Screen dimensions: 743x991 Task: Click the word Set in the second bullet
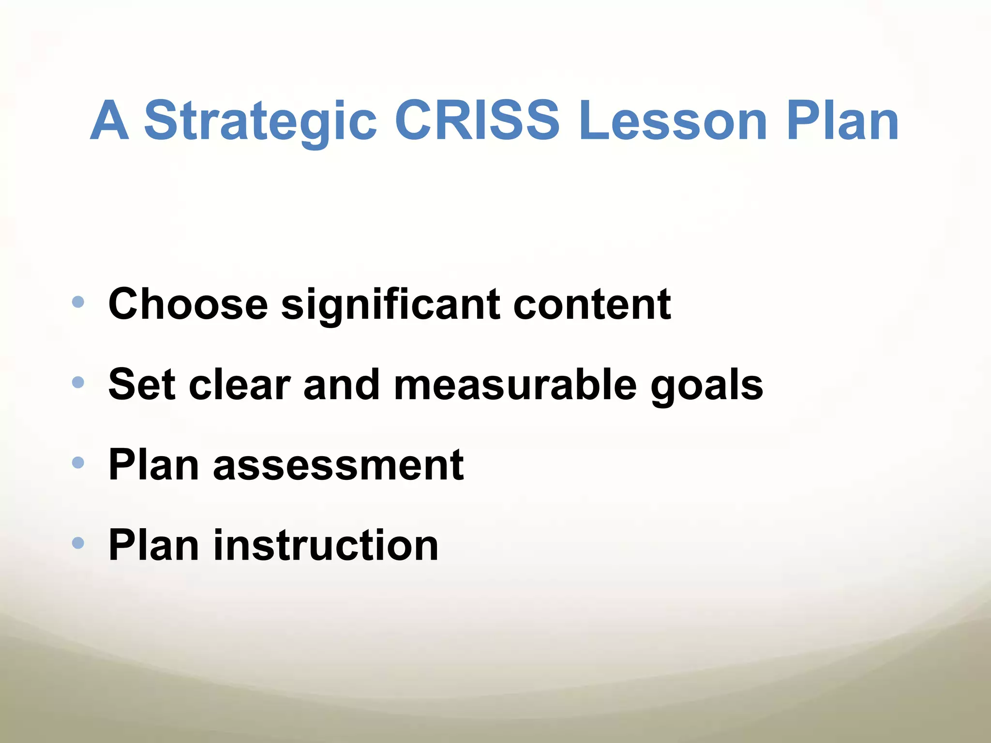pos(141,384)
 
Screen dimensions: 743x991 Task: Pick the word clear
pos(240,384)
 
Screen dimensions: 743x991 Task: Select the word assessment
pos(338,465)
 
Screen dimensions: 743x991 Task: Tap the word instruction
pos(326,545)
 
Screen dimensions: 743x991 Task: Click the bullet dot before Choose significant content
pos(78,303)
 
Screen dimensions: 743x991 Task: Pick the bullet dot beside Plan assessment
pos(78,463)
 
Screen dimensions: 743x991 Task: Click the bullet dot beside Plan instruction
pos(78,543)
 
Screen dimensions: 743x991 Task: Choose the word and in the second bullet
pos(342,384)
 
